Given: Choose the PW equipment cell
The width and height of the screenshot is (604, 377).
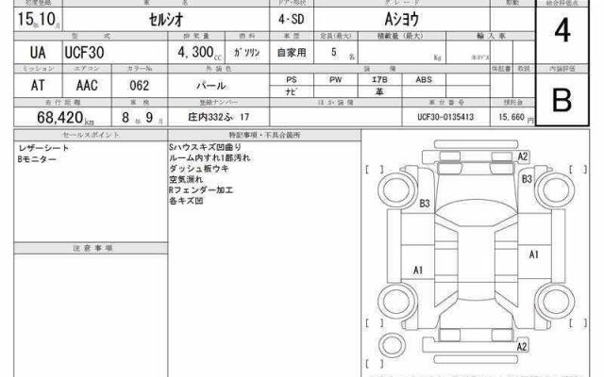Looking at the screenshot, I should coord(335,80).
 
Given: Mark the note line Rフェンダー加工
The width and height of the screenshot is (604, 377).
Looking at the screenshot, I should coord(196,189).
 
